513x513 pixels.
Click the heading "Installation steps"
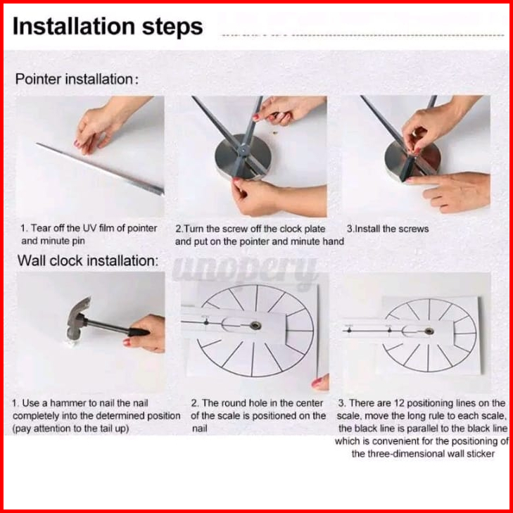coord(108,27)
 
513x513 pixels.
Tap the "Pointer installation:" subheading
coord(77,80)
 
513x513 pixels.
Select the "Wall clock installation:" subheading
coord(88,261)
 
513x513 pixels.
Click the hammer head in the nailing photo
coord(78,318)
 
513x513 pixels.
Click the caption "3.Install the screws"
coord(388,229)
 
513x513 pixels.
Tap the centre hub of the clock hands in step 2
coord(243,150)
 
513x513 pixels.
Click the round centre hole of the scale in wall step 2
coord(255,325)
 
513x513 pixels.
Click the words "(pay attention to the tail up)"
coord(70,429)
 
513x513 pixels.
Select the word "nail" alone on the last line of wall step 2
coord(200,429)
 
